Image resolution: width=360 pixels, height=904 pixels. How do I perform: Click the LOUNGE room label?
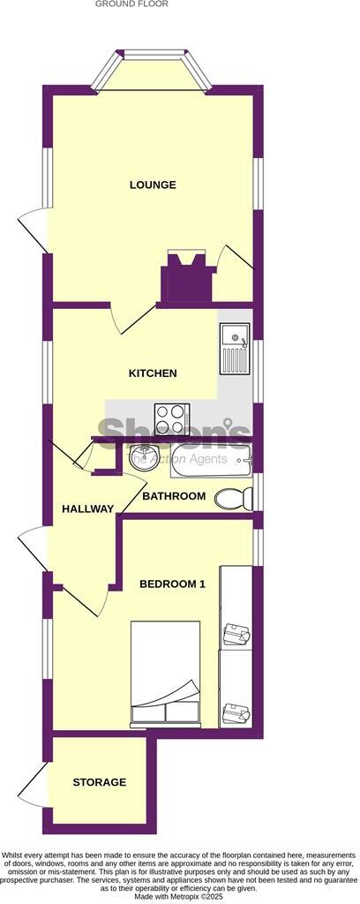pyautogui.click(x=153, y=185)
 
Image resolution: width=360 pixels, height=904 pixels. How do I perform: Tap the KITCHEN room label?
pyautogui.click(x=153, y=373)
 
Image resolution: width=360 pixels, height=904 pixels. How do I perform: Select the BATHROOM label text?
pyautogui.click(x=174, y=496)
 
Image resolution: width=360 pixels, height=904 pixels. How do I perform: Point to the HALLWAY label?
pyautogui.click(x=87, y=508)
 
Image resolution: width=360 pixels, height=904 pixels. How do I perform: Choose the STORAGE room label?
pyautogui.click(x=99, y=782)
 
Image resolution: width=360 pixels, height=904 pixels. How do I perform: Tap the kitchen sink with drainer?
pyautogui.click(x=235, y=349)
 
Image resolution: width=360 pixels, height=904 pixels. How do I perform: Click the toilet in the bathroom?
pyautogui.click(x=231, y=498)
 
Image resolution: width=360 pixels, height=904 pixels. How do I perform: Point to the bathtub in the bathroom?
pyautogui.click(x=212, y=457)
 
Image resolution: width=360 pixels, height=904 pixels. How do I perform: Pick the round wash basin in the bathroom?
pyautogui.click(x=141, y=458)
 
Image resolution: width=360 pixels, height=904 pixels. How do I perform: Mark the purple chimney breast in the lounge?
pyautogui.click(x=186, y=280)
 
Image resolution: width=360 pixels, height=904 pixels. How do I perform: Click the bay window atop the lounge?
pyautogui.click(x=153, y=72)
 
